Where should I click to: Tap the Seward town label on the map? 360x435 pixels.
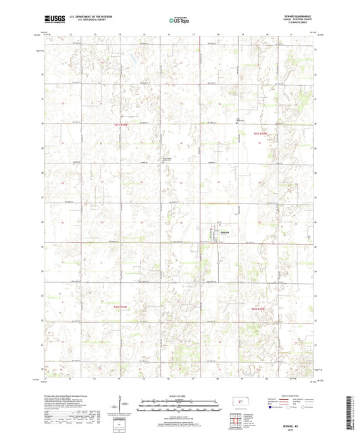(x=228, y=232)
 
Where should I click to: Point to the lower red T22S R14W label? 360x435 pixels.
(x=120, y=305)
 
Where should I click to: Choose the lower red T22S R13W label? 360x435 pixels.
(x=261, y=309)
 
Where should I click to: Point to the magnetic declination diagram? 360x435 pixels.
(x=124, y=404)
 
